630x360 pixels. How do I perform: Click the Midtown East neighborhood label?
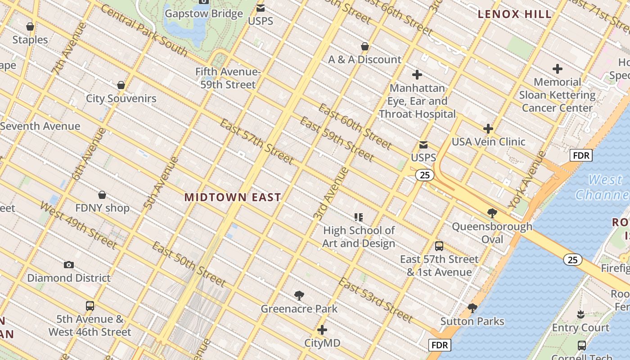pyautogui.click(x=233, y=197)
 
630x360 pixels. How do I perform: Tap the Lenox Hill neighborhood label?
pyautogui.click(x=514, y=14)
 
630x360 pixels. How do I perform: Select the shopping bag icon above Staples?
pyautogui.click(x=30, y=27)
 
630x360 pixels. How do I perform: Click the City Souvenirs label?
pyautogui.click(x=121, y=99)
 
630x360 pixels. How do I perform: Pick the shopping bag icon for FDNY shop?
pyautogui.click(x=102, y=195)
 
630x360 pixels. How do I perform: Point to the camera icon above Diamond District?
pyautogui.click(x=69, y=265)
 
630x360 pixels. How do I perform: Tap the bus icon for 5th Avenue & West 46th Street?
pyautogui.click(x=90, y=306)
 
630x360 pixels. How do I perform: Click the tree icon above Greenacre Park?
pyautogui.click(x=299, y=296)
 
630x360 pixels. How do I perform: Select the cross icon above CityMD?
pyautogui.click(x=322, y=330)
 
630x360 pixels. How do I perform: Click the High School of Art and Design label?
pyautogui.click(x=359, y=237)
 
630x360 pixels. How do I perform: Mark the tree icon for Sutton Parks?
pyautogui.click(x=472, y=308)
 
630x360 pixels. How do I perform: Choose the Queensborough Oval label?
pyautogui.click(x=492, y=233)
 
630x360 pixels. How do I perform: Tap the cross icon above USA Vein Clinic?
pyautogui.click(x=488, y=129)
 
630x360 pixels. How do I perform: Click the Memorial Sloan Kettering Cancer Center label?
pyautogui.click(x=557, y=95)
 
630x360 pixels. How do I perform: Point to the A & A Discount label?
pyautogui.click(x=364, y=59)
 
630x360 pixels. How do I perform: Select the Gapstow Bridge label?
pyautogui.click(x=204, y=13)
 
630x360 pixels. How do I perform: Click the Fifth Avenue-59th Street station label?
pyautogui.click(x=228, y=78)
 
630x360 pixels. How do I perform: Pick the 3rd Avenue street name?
pyautogui.click(x=331, y=193)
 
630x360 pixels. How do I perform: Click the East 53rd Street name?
pyautogui.click(x=375, y=300)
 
